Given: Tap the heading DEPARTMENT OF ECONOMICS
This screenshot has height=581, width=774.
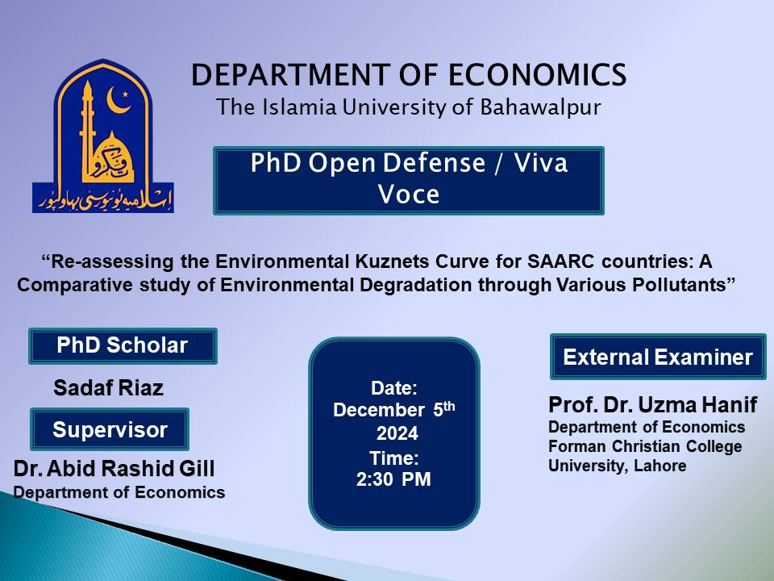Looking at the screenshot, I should [409, 75].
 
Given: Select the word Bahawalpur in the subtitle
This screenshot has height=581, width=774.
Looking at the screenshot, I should [543, 107].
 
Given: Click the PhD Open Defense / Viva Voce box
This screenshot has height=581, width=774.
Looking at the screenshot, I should [409, 179].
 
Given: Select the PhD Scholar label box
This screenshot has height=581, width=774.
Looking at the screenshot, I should [123, 346].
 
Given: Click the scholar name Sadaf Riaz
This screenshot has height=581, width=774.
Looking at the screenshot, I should [108, 388].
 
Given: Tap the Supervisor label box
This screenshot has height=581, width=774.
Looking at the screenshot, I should [110, 429].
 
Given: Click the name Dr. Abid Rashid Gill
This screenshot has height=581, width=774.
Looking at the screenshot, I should [114, 470].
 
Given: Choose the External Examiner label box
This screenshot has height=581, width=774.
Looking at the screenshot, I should [658, 357].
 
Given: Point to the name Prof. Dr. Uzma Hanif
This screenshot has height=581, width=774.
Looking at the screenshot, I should [653, 405].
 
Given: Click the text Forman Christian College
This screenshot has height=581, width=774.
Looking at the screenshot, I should [645, 446].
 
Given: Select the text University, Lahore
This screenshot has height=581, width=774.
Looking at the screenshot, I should [618, 466].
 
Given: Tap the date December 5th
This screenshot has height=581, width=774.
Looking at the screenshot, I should [394, 409].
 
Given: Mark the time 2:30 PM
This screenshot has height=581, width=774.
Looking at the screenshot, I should [393, 479].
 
